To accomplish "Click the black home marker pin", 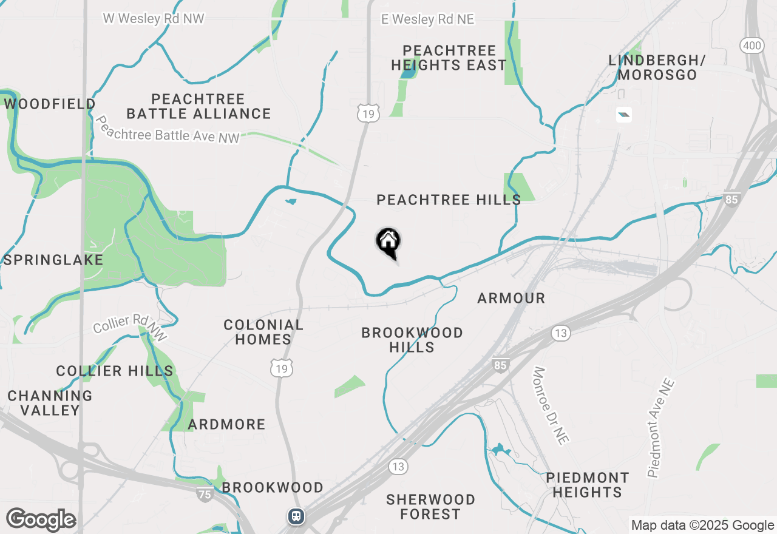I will pos(388,243).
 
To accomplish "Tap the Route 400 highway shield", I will pos(750,45).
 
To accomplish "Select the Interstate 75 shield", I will pos(205,495).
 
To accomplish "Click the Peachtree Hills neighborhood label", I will pos(449,200).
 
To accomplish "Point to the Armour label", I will pos(511,298).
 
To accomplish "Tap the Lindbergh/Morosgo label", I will pos(657,67).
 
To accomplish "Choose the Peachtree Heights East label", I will pos(449,58).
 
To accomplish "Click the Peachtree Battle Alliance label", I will pos(198,106).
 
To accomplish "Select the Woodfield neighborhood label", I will pos(50,104).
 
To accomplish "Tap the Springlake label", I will pos(53,260).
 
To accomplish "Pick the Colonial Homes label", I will pos(263,332).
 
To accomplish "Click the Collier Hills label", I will pos(115,371).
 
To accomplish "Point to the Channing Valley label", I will pos(50,403).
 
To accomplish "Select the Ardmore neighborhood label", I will pos(226,424).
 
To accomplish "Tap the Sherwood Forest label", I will pos(430,507).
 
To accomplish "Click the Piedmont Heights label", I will pos(587,485).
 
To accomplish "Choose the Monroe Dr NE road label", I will pos(550,405).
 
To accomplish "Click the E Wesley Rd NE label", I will pos(427,19).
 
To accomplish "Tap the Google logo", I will pos(41,520).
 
